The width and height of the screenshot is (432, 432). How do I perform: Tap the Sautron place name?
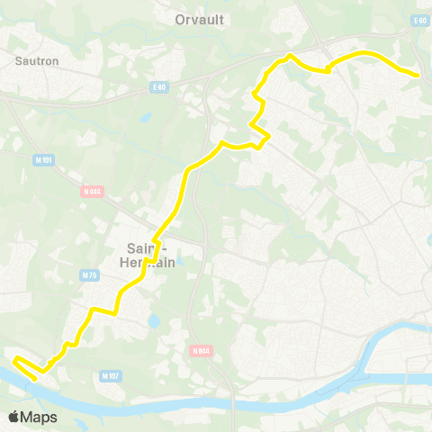37,61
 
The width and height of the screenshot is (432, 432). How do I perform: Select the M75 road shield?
88,275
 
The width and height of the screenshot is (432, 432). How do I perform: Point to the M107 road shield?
110,375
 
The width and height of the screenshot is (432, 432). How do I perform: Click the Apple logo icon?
14,417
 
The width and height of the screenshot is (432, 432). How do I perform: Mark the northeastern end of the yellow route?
418,76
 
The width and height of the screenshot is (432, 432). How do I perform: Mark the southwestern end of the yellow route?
35,380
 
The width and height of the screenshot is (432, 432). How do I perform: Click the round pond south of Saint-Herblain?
153,320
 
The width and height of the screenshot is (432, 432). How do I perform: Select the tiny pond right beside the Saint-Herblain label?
178,261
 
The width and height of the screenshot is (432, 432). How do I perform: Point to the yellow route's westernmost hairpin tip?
15,361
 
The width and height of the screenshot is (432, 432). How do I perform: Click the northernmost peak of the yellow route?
289,56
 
